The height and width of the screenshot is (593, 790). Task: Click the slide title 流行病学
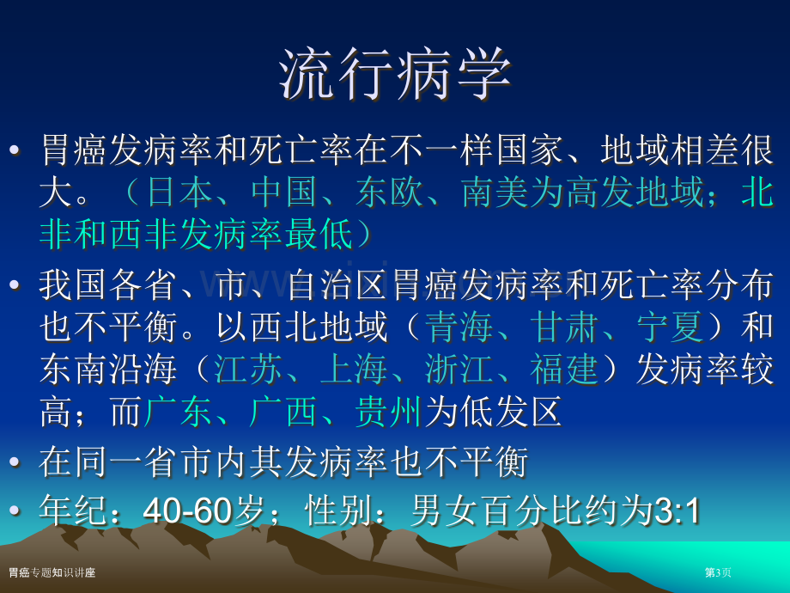(x=396, y=74)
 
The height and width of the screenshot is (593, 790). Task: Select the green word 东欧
(x=390, y=193)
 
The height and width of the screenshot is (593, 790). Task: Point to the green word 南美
(x=495, y=193)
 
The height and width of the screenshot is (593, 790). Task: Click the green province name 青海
(x=459, y=327)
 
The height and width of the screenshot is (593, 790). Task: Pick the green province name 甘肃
(x=565, y=327)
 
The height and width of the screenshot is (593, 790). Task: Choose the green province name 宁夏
(x=670, y=327)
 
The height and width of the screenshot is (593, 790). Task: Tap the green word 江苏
(x=248, y=369)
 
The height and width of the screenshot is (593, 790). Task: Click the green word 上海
(x=354, y=369)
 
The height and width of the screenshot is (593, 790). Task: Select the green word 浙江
(x=459, y=369)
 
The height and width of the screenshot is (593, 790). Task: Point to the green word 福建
(x=564, y=369)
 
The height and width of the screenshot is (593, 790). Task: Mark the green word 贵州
(x=388, y=412)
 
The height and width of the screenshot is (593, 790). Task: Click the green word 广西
(x=283, y=412)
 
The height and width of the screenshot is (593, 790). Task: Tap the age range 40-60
(x=187, y=510)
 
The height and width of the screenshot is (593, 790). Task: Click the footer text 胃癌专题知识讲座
(x=52, y=572)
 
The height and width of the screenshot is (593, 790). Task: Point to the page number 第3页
(x=718, y=572)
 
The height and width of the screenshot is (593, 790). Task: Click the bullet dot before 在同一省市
(x=15, y=461)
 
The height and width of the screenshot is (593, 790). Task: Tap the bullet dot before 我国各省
(x=15, y=284)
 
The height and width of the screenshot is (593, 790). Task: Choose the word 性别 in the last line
(x=338, y=510)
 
